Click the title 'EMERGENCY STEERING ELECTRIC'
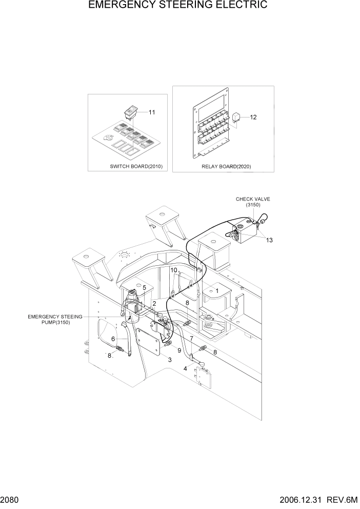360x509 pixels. click(x=177, y=6)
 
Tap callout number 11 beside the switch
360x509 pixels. click(x=152, y=112)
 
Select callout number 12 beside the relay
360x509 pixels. click(x=253, y=117)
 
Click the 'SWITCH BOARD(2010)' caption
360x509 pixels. click(x=136, y=167)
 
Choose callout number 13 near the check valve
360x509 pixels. click(x=269, y=240)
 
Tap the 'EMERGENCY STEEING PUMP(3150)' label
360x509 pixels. click(x=55, y=320)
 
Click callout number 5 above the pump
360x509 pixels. click(x=145, y=288)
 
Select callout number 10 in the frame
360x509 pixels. click(x=174, y=270)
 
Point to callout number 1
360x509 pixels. click(x=217, y=290)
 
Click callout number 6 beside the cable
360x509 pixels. click(x=113, y=339)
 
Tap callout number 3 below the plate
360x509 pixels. click(x=170, y=360)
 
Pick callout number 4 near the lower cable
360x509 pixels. click(x=185, y=368)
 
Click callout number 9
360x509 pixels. click(x=179, y=350)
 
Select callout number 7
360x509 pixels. click(x=191, y=339)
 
